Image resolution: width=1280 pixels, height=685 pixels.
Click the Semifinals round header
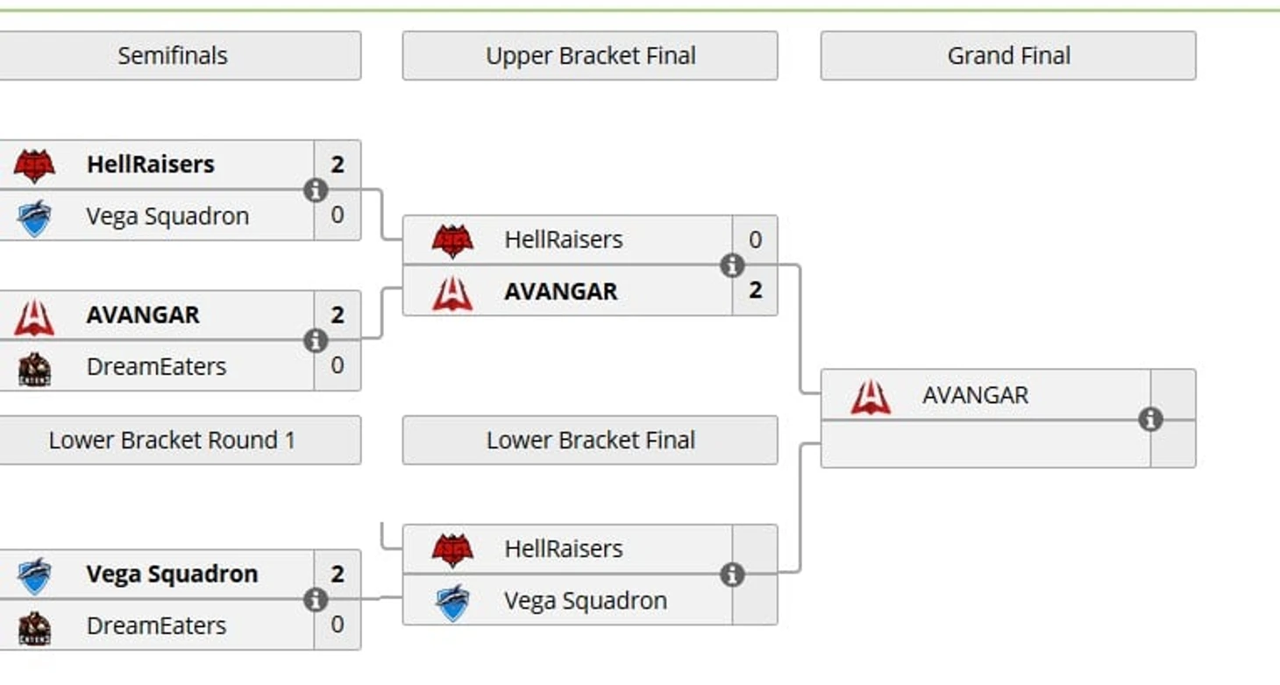pyautogui.click(x=173, y=56)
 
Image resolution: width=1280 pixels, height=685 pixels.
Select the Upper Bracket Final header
pyautogui.click(x=590, y=56)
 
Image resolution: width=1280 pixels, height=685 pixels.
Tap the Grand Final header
pyautogui.click(x=1008, y=56)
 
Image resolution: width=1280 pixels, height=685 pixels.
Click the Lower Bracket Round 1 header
pyautogui.click(x=172, y=440)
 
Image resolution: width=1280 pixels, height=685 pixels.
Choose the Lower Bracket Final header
pyautogui.click(x=590, y=440)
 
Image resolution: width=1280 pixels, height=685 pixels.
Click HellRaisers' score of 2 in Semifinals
pyautogui.click(x=338, y=164)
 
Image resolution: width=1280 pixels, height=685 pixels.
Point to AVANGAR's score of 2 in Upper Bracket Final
pyautogui.click(x=755, y=290)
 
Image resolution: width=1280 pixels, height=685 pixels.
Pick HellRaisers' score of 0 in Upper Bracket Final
pyautogui.click(x=755, y=239)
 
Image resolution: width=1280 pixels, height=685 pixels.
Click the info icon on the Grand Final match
pyautogui.click(x=1150, y=420)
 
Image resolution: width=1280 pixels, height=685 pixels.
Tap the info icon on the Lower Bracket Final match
pyautogui.click(x=732, y=575)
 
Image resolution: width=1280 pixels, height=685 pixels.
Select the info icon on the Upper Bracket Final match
pyautogui.click(x=732, y=265)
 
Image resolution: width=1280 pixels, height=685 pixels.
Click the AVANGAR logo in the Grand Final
pyautogui.click(x=871, y=397)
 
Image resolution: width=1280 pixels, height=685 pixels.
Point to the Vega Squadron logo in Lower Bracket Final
pyautogui.click(x=452, y=603)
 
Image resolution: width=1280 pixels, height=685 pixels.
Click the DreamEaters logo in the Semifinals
pyautogui.click(x=35, y=369)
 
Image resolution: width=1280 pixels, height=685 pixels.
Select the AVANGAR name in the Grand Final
pyautogui.click(x=975, y=395)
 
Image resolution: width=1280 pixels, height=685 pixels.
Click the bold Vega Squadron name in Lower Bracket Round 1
pyautogui.click(x=172, y=574)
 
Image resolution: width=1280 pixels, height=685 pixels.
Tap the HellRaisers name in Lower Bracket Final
pyautogui.click(x=563, y=548)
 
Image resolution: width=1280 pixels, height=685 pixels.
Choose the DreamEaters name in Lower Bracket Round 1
pyautogui.click(x=156, y=625)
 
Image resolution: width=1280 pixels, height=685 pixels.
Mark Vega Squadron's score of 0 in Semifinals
pyautogui.click(x=338, y=215)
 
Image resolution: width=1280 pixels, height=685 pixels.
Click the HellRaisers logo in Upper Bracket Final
pyautogui.click(x=452, y=241)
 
